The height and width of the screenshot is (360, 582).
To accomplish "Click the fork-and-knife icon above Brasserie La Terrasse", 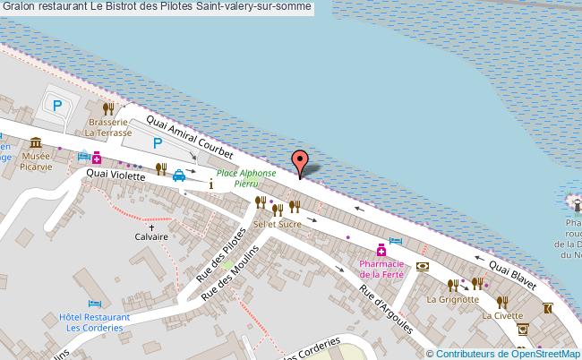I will tap(108, 107).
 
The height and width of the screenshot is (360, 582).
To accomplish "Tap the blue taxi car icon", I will tap(179, 175).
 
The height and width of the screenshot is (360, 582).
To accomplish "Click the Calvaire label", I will tap(151, 237).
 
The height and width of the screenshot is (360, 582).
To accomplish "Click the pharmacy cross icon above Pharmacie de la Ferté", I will tap(382, 249).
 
